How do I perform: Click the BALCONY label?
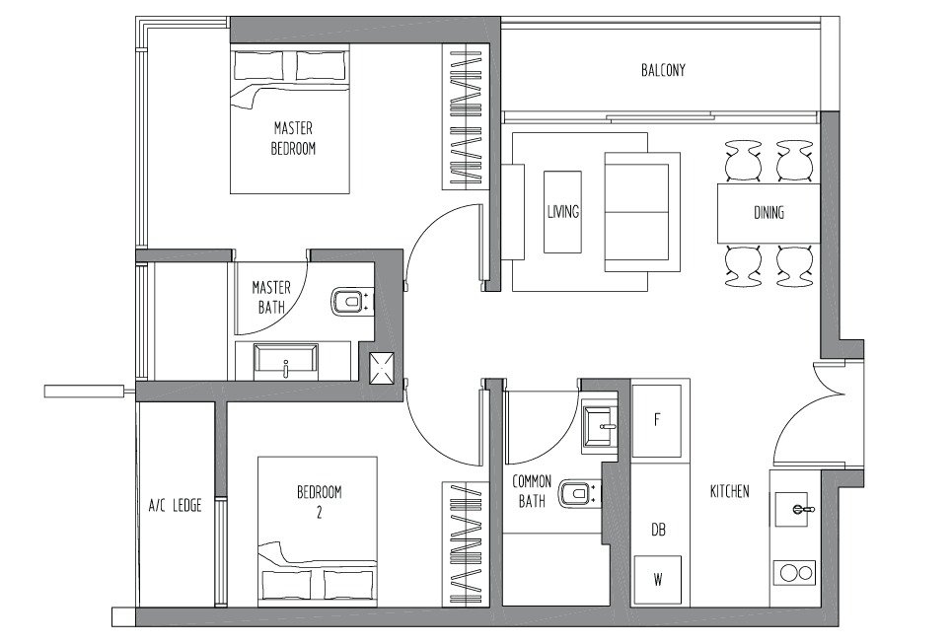(663, 70)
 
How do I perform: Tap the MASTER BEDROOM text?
(293, 138)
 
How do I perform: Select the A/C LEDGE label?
(176, 505)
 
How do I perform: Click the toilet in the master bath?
(350, 302)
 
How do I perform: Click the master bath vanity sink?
(286, 362)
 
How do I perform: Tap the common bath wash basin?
(600, 426)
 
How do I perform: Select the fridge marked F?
(657, 421)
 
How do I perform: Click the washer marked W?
(657, 579)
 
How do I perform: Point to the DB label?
(658, 530)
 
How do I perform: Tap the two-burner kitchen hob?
(795, 573)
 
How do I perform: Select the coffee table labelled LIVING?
(563, 212)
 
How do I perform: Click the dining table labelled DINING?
(768, 213)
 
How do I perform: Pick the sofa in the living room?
(642, 212)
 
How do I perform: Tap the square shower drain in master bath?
(382, 368)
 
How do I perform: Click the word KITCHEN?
(729, 491)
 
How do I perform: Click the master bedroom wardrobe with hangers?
(466, 116)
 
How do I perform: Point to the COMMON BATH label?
(532, 491)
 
